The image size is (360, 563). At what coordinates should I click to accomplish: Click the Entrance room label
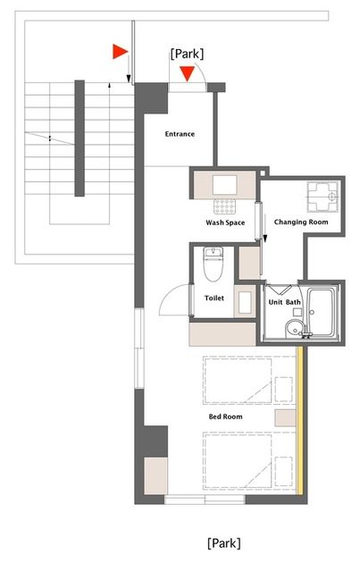pos(180,134)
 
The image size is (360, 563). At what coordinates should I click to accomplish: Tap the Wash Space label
pos(225,223)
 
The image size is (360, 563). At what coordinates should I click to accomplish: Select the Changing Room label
pos(301,222)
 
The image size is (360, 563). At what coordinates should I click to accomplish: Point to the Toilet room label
pos(213,298)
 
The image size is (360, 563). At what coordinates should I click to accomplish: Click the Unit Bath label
pos(284,302)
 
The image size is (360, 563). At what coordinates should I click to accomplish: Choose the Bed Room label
pos(225,416)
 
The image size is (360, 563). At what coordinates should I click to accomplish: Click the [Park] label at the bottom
pos(223,543)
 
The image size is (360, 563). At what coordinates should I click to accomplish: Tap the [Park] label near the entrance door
pos(187,54)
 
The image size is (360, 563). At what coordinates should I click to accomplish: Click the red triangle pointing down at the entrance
pos(188,73)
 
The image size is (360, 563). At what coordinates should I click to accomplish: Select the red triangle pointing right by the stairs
pos(120,51)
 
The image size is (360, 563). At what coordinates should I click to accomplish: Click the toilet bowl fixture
pos(213,264)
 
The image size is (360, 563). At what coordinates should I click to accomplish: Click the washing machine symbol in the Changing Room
pos(322,197)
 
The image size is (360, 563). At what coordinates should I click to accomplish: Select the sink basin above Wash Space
pos(225,185)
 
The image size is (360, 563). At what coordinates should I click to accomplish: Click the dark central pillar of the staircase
pos(80,139)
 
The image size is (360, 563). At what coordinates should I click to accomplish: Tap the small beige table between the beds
pos(286,417)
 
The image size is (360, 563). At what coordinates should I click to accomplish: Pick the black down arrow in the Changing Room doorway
pos(265,229)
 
